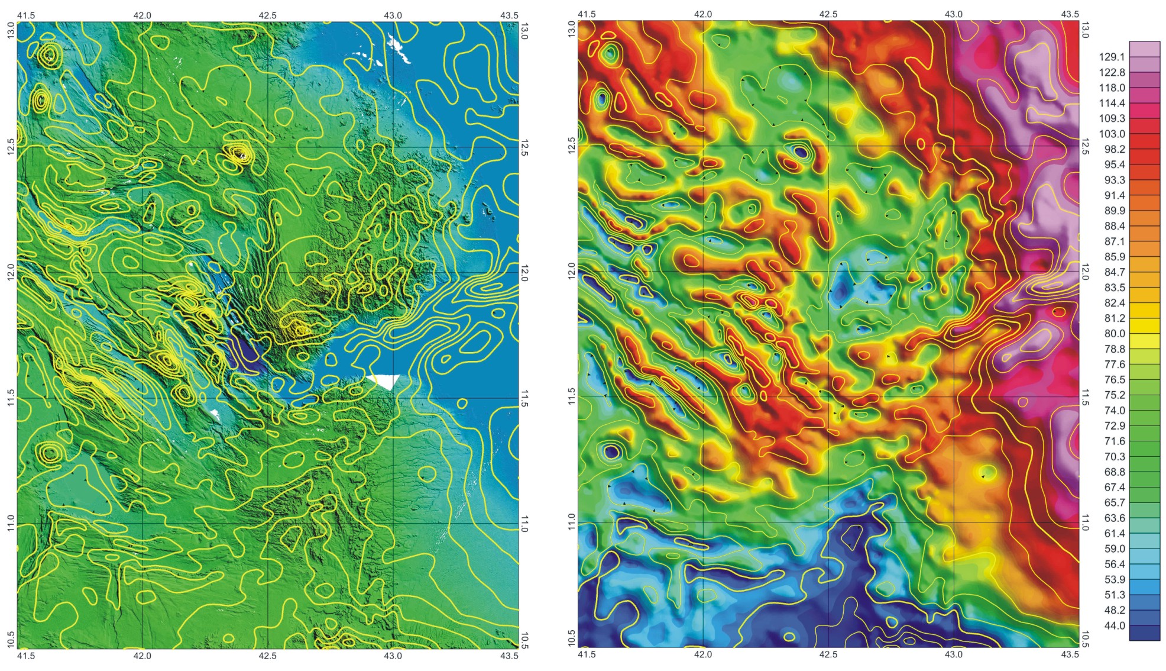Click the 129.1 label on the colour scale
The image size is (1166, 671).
coord(1112,57)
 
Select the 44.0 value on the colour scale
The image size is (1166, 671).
coord(1114,626)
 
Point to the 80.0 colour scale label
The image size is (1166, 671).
coord(1114,334)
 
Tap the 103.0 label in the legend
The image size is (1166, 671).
coord(1112,134)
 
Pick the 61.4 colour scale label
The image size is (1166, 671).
coord(1114,534)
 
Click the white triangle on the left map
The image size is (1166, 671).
coord(384,381)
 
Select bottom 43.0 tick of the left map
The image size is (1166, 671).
coord(393,656)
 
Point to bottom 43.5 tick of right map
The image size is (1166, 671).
coord(1070,654)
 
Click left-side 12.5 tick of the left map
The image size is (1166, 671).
coord(10,147)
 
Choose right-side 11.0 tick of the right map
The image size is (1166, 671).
coord(1085,522)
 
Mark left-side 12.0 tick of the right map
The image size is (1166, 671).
coord(571,272)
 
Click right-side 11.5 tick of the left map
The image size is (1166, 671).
coord(524,398)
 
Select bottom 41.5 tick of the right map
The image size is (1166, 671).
coord(586,654)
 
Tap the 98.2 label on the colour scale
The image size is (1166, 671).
coord(1114,150)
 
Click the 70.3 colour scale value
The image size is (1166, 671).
coord(1114,457)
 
